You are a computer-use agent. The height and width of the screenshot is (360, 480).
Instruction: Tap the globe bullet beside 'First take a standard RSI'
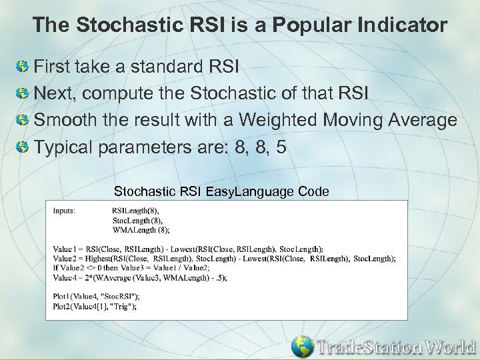coord(23,67)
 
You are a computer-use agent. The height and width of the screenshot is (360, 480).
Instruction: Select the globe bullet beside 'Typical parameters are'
coord(23,147)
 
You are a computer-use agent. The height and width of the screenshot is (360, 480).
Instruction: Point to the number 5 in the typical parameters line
coord(281,147)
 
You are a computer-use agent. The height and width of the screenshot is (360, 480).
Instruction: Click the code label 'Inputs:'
coord(64,210)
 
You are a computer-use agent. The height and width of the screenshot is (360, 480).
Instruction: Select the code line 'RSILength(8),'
coord(135,210)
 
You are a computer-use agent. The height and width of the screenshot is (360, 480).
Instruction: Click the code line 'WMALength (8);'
coord(141,229)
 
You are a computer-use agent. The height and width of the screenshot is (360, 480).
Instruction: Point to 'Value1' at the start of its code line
coord(64,249)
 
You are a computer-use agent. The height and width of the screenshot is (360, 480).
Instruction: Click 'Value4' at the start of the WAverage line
coord(65,278)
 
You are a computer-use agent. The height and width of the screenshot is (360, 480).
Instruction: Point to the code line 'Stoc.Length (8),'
coord(137,220)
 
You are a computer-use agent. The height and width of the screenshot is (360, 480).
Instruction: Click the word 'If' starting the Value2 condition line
coord(56,268)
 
